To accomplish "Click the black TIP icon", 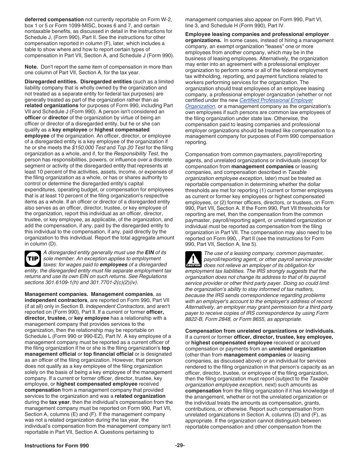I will point(33,258).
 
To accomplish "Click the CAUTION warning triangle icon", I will point(193,260).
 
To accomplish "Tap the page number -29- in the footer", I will point(180,446).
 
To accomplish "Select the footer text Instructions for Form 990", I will point(57,446).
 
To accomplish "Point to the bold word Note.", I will point(31,67).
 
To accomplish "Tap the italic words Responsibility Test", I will point(136,153).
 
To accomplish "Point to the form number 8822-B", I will point(196,319).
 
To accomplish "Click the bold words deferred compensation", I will point(54,19).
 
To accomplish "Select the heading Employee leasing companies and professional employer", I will point(257,34).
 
